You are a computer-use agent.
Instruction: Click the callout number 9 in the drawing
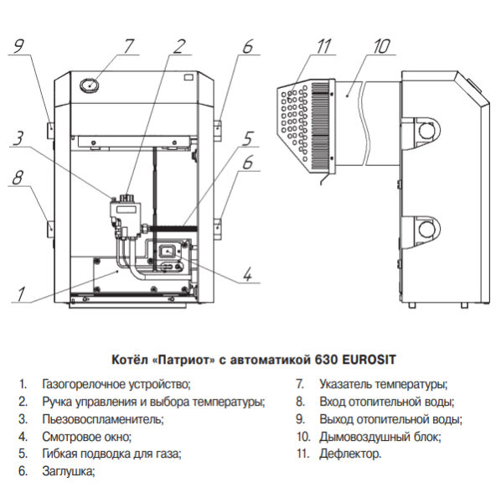(x=19, y=45)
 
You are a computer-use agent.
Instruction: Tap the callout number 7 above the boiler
(x=128, y=46)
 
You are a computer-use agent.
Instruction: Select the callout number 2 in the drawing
(x=179, y=46)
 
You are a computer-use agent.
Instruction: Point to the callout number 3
(x=18, y=138)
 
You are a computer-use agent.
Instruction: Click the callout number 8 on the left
(x=18, y=178)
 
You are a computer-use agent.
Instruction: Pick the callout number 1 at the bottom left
(x=21, y=294)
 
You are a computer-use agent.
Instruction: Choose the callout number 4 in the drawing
(x=247, y=275)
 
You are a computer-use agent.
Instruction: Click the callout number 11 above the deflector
(x=323, y=46)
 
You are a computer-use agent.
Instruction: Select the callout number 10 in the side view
(x=381, y=46)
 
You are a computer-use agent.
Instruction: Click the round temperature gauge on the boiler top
(x=90, y=86)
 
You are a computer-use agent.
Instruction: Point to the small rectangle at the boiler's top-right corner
(x=189, y=77)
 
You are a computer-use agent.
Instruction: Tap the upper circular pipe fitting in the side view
(x=427, y=131)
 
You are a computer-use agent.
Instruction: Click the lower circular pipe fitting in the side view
(x=427, y=229)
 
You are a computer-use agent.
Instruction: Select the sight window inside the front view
(x=167, y=250)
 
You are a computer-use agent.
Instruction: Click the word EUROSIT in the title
(x=369, y=360)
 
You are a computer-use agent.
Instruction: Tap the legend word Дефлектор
(x=350, y=454)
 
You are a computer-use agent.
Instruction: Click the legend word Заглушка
(x=69, y=471)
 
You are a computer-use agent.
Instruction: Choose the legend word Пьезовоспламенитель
(x=103, y=419)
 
